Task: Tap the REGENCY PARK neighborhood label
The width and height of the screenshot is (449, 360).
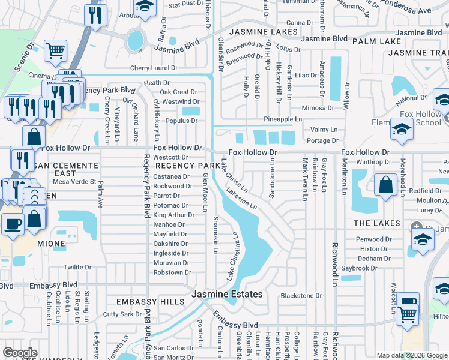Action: [188, 165]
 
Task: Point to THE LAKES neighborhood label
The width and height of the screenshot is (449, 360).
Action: [376, 223]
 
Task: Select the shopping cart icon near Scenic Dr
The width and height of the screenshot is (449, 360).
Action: [55, 52]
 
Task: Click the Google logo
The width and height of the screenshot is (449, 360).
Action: [20, 353]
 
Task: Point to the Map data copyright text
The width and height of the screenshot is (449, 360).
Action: [411, 355]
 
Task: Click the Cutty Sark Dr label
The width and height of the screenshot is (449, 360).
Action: [122, 314]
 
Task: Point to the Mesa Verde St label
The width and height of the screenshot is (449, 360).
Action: [75, 181]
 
